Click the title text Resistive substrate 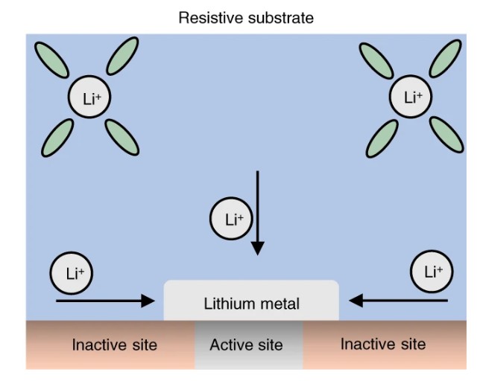tap(245, 16)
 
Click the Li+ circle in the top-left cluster tap(87, 97)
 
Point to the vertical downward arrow tap(257, 212)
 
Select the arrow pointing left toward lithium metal tap(399, 301)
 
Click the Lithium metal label tap(251, 304)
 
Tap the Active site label tap(246, 345)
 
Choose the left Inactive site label tap(114, 345)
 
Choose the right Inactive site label tap(382, 344)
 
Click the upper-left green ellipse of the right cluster tap(376, 59)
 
